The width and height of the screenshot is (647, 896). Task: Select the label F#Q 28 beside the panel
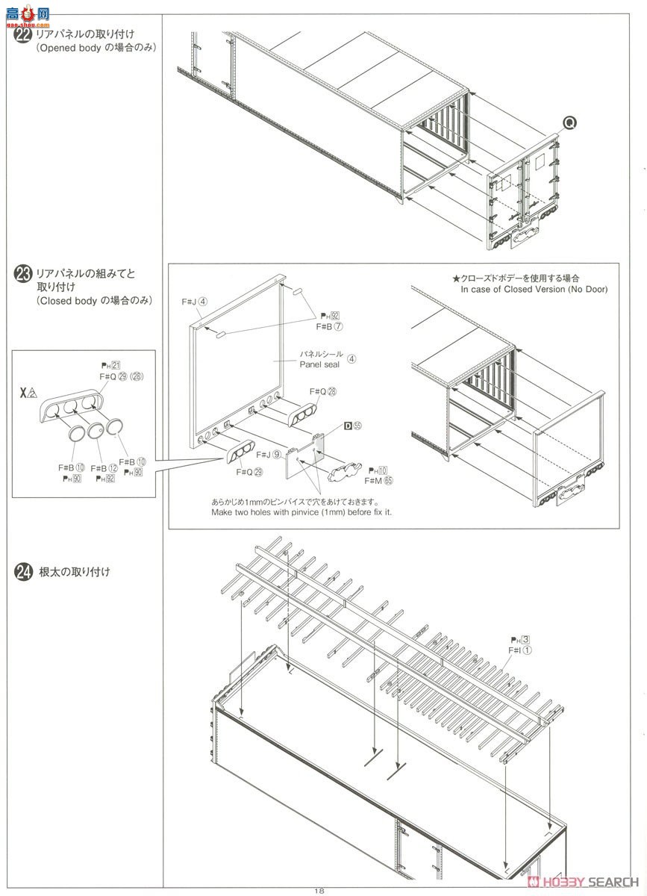(x=322, y=391)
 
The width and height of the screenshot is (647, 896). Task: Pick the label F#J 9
(x=266, y=454)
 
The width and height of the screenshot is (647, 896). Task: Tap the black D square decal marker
(x=347, y=426)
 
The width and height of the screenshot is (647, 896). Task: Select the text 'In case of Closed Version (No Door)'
(x=534, y=289)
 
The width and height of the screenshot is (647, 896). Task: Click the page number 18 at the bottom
(x=319, y=890)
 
